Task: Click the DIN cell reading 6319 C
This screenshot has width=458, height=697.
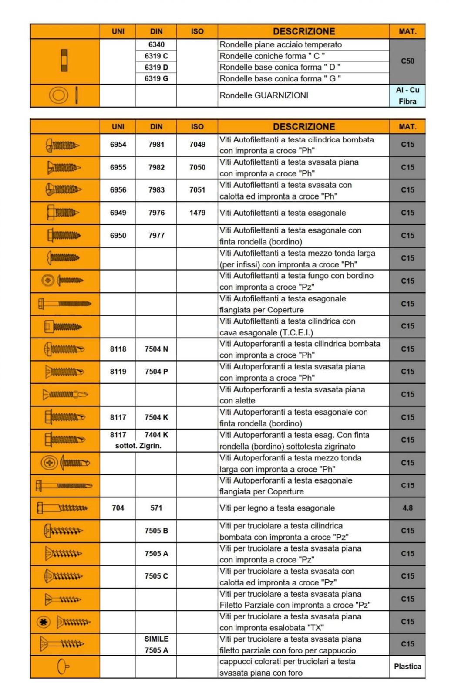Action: [x=156, y=56]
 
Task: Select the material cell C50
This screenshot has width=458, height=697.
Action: [x=407, y=61]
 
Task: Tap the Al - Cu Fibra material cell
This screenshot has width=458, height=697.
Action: [x=407, y=95]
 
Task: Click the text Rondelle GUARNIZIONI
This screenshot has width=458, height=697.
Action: [x=264, y=95]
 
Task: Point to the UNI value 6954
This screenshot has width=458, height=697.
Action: [x=118, y=145]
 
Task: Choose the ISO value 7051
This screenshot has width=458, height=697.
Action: [x=197, y=190]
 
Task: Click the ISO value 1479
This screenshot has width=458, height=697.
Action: [x=197, y=213]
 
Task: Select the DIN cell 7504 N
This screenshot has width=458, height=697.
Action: [x=156, y=349]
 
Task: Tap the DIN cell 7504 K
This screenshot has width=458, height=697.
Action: [x=156, y=417]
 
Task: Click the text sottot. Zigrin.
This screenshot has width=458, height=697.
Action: [x=138, y=446]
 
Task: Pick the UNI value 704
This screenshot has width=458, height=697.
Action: [x=118, y=508]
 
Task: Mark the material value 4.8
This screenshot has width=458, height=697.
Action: [x=407, y=508]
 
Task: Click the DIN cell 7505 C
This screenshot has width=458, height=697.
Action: [x=156, y=576]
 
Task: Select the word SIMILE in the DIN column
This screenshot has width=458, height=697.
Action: [x=156, y=639]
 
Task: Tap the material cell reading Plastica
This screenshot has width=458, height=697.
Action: [x=407, y=667]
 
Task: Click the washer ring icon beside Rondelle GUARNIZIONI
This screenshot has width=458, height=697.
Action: [x=59, y=95]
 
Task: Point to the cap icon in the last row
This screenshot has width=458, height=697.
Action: [x=64, y=667]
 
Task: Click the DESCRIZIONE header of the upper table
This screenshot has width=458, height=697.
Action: [x=303, y=31]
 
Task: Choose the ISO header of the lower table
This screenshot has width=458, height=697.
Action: [x=197, y=127]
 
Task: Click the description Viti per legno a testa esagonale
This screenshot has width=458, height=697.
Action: [x=277, y=508]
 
